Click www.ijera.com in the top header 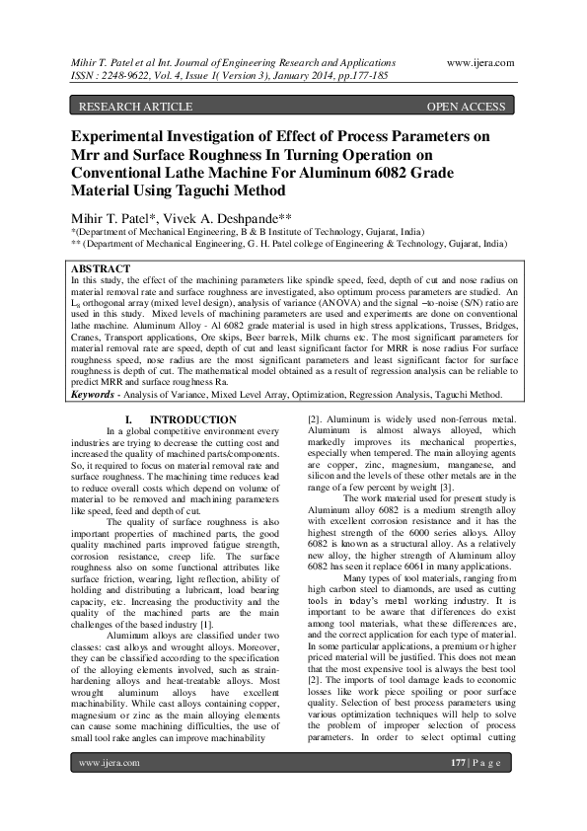tap(480, 62)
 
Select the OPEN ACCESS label tap(465, 107)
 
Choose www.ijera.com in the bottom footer tap(110, 791)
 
